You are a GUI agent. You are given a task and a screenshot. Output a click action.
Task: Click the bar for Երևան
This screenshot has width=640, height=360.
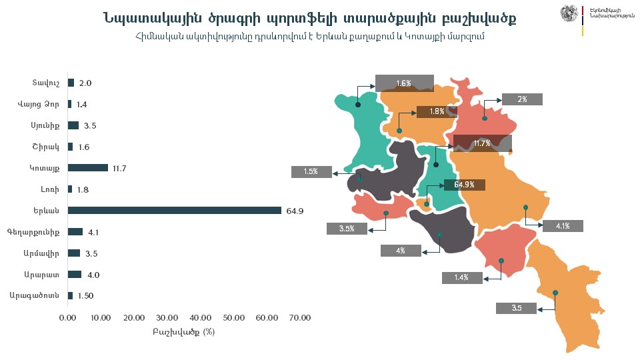click(x=175, y=211)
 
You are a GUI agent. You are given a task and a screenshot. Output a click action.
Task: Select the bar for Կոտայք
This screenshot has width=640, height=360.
click(x=88, y=168)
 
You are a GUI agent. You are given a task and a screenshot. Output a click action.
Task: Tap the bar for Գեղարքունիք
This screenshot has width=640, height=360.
click(x=75, y=232)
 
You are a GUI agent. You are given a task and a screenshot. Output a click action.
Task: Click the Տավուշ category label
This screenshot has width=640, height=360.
click(x=47, y=83)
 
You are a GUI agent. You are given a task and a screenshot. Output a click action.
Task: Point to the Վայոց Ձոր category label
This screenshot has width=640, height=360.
click(x=39, y=104)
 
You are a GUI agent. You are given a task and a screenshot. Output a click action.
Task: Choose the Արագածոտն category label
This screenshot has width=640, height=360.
click(x=35, y=295)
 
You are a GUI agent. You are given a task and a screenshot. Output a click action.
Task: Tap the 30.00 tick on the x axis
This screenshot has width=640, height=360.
click(x=167, y=318)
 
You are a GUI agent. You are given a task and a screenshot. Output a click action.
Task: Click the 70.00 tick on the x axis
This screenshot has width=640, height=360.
click(x=299, y=318)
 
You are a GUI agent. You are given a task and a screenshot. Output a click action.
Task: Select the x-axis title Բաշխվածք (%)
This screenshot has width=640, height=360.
click(x=183, y=331)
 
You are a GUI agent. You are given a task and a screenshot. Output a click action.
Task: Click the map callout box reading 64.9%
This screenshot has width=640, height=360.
click(x=464, y=185)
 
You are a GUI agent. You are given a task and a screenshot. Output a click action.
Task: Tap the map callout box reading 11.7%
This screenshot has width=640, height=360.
click(x=482, y=143)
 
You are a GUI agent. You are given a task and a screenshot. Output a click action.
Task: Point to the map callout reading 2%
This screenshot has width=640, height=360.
click(x=522, y=99)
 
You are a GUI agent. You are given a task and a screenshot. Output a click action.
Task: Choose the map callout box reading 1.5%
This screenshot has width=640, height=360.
click(x=311, y=172)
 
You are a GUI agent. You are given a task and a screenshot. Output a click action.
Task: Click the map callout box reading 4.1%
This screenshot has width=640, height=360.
click(x=563, y=226)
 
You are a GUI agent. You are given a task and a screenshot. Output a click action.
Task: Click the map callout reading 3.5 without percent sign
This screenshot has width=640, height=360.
click(x=517, y=308)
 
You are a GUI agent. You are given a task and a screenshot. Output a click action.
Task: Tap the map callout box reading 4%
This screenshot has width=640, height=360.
click(x=401, y=251)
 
